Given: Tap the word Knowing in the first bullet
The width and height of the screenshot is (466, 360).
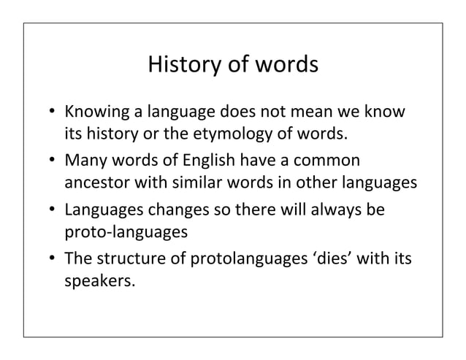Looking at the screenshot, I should point(92,114).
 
